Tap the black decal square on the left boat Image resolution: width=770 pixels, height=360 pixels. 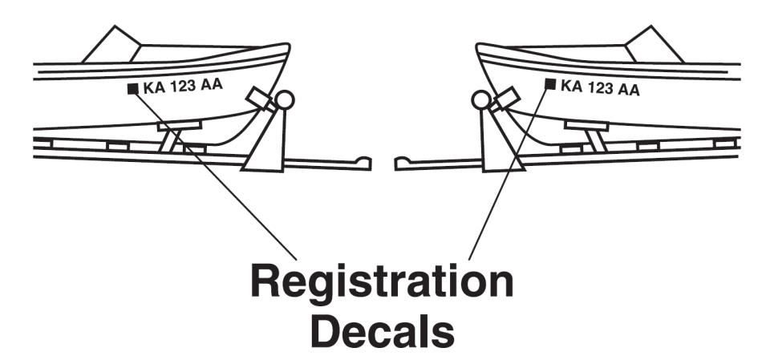(132, 88)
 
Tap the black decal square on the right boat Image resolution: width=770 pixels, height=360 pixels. (550, 83)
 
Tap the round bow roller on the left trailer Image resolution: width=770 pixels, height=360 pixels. (285, 100)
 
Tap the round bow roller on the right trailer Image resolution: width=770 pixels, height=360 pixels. (480, 99)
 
